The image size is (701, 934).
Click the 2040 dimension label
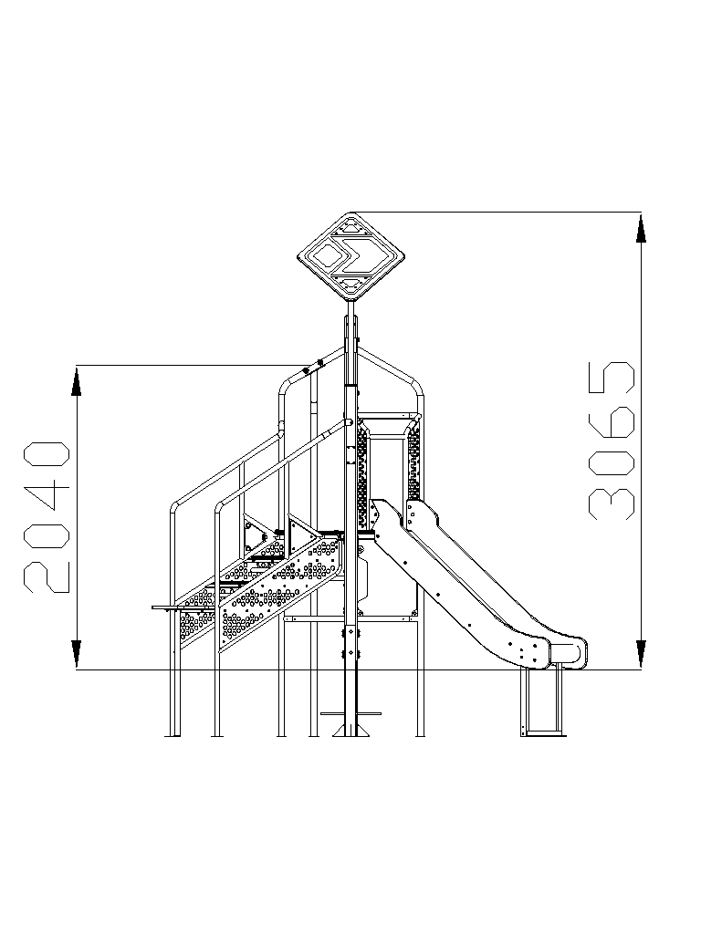pyautogui.click(x=47, y=517)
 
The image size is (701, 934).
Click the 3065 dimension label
pyautogui.click(x=612, y=441)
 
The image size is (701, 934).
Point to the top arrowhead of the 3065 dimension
pyautogui.click(x=641, y=229)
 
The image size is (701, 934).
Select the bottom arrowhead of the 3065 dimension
pyautogui.click(x=641, y=653)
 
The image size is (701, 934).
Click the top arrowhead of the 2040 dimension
pyautogui.click(x=77, y=382)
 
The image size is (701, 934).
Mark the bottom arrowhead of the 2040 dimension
pyautogui.click(x=77, y=653)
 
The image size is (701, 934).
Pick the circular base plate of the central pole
pyautogui.click(x=351, y=713)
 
